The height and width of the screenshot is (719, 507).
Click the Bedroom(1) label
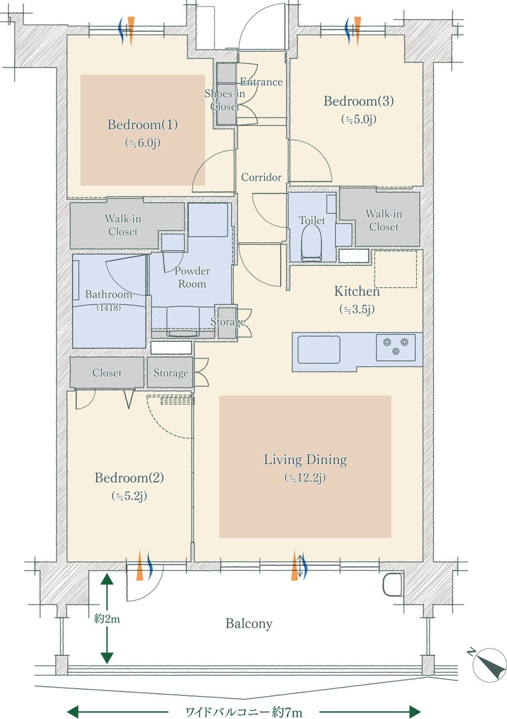[x=143, y=124]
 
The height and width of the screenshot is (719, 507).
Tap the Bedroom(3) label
[x=358, y=101]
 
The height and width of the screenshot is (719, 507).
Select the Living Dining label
[x=305, y=460]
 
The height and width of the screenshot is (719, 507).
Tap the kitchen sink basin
[x=319, y=349]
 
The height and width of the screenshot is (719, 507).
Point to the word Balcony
[x=248, y=623]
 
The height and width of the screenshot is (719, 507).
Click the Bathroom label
[x=108, y=294]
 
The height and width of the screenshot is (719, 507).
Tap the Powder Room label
[x=192, y=277]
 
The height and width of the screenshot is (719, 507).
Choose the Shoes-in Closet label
[x=225, y=100]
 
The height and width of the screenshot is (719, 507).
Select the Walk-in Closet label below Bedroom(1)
[x=123, y=225]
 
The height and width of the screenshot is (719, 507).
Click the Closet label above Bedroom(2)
[x=107, y=373]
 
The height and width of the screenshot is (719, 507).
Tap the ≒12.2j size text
[x=305, y=479]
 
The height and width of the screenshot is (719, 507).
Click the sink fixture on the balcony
[x=392, y=585]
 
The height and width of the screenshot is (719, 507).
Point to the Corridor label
[x=261, y=177]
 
